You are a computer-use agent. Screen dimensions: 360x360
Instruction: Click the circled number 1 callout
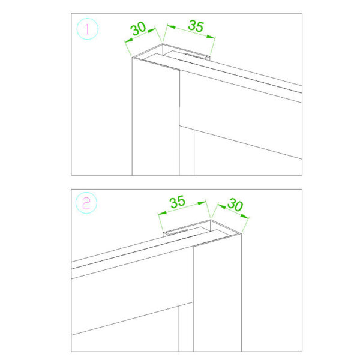pyautogui.click(x=87, y=29)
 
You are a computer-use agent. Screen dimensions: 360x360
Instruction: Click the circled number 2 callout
pyautogui.click(x=86, y=203)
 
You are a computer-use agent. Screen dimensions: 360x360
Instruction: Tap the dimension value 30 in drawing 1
pyautogui.click(x=138, y=28)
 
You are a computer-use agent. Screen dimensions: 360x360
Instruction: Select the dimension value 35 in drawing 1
pyautogui.click(x=196, y=26)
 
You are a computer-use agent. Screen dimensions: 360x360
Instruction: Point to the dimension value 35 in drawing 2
pyautogui.click(x=177, y=202)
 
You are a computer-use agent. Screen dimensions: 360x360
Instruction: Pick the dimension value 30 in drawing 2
pyautogui.click(x=235, y=205)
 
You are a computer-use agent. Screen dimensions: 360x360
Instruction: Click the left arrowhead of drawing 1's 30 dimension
pyautogui.click(x=128, y=40)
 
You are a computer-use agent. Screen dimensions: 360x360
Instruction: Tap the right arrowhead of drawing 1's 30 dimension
pyautogui.click(x=152, y=31)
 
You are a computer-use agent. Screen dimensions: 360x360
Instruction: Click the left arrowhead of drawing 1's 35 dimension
pyautogui.click(x=172, y=26)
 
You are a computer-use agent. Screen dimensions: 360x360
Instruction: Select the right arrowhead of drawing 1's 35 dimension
pyautogui.click(x=211, y=37)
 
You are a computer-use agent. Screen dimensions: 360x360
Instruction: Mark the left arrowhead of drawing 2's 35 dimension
pyautogui.click(x=163, y=213)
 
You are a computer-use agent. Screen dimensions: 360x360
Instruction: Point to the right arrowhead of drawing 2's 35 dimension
pyautogui.click(x=202, y=203)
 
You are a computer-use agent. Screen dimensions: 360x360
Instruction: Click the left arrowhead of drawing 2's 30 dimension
pyautogui.click(x=221, y=206)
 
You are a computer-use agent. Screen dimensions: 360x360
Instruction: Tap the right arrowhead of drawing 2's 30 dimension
pyautogui.click(x=245, y=216)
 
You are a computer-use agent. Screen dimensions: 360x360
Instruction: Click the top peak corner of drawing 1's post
pyautogui.click(x=163, y=43)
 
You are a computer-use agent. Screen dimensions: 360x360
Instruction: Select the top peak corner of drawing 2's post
pyautogui.click(x=211, y=220)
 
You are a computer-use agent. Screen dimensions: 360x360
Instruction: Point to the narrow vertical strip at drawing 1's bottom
pyautogui.click(x=187, y=152)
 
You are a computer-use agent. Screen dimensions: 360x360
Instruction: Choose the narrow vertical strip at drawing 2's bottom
pyautogui.click(x=186, y=328)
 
